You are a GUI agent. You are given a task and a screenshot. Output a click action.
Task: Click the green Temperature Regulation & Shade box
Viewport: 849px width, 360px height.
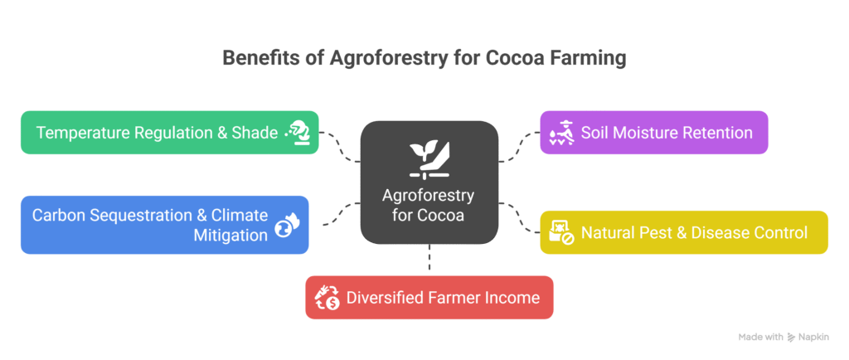coord(169,133)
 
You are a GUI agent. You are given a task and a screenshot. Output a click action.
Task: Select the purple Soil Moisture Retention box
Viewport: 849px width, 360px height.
coord(654,133)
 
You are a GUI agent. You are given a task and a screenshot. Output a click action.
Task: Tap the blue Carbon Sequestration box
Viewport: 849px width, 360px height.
coord(165,225)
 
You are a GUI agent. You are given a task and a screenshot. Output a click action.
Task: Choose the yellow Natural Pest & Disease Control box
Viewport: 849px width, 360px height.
coord(684,232)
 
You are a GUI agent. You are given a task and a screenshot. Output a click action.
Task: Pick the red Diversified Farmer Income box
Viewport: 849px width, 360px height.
coord(429,297)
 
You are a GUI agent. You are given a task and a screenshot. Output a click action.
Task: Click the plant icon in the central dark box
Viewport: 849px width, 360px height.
coord(429,159)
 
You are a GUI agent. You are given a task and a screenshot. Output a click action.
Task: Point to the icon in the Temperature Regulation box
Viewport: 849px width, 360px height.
coord(297,133)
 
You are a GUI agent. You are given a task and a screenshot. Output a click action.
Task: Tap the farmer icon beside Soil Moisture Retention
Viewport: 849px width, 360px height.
coord(562,133)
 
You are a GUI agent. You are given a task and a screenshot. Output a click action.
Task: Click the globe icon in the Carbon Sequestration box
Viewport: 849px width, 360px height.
coord(287,225)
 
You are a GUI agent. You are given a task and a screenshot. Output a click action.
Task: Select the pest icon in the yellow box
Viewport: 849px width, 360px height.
coord(562,232)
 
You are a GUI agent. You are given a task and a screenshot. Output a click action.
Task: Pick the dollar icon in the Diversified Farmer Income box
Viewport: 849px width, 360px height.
coord(327,297)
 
